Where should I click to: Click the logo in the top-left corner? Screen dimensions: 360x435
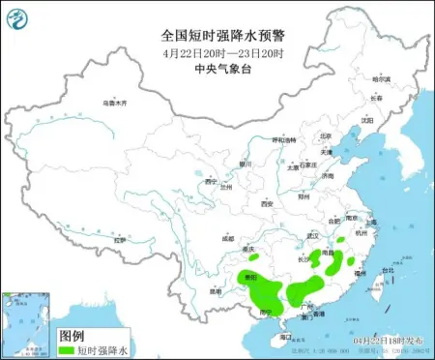coord(18,15)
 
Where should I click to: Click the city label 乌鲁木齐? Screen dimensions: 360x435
coord(115,102)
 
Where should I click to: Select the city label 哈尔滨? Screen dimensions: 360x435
coord(384,80)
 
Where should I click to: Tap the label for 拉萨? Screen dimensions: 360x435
coord(119,240)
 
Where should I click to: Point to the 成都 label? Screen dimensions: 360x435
coord(226,237)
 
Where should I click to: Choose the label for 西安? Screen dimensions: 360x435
coord(267,204)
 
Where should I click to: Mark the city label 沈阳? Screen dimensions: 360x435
coord(366,121)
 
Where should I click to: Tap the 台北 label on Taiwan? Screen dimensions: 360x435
coord(389,270)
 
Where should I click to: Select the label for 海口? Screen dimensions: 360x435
coord(284,335)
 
